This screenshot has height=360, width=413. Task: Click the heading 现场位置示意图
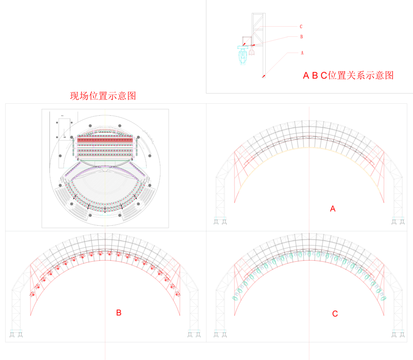click(103, 95)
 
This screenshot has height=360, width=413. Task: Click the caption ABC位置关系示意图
click(348, 75)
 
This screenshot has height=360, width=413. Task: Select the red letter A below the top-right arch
click(333, 209)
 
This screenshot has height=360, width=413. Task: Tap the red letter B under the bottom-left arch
click(119, 313)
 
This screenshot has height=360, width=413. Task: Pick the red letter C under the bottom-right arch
click(335, 314)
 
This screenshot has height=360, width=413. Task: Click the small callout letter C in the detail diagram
click(301, 27)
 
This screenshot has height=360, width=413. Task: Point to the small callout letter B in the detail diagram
click(301, 36)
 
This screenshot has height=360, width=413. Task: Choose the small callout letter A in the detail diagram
click(302, 52)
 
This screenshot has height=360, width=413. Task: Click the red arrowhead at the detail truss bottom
click(263, 76)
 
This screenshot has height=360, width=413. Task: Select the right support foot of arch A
click(398, 222)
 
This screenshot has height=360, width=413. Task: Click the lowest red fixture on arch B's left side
click(33, 294)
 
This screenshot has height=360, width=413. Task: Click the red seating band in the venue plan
click(105, 140)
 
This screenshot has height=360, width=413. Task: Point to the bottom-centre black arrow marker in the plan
click(105, 209)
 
